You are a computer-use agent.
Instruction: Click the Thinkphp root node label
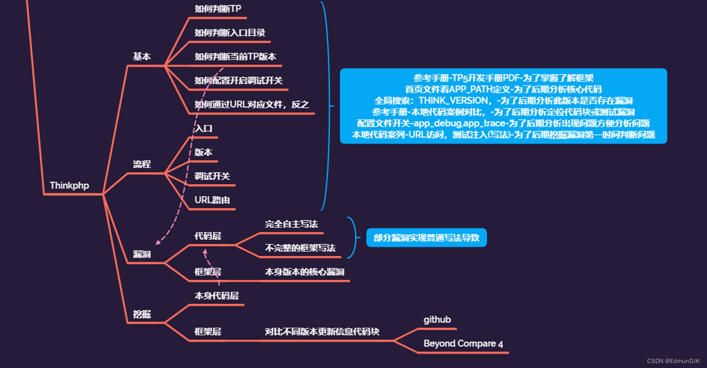(69, 186)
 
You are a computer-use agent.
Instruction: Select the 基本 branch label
(142, 57)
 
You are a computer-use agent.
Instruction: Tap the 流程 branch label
(142, 164)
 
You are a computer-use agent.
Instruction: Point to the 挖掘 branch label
(142, 314)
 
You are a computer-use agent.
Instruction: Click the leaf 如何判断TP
(218, 9)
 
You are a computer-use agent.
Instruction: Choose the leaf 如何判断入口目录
(230, 33)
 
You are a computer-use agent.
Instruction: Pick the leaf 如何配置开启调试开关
(238, 81)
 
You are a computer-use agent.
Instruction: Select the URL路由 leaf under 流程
(212, 200)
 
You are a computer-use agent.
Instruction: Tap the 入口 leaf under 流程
(204, 129)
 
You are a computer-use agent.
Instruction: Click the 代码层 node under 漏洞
(208, 236)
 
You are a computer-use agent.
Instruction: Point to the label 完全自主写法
(291, 224)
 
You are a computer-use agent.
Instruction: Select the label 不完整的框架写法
(300, 248)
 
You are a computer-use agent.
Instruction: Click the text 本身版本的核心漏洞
(304, 272)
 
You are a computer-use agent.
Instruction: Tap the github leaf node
(437, 320)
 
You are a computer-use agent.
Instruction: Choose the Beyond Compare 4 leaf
(463, 344)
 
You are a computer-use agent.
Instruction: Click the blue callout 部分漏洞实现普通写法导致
(426, 238)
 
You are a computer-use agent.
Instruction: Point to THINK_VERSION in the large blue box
(453, 101)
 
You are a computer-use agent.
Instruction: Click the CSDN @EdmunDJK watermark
(673, 361)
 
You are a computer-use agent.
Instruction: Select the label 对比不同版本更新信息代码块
(322, 332)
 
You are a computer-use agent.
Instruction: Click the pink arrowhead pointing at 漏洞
(158, 243)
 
